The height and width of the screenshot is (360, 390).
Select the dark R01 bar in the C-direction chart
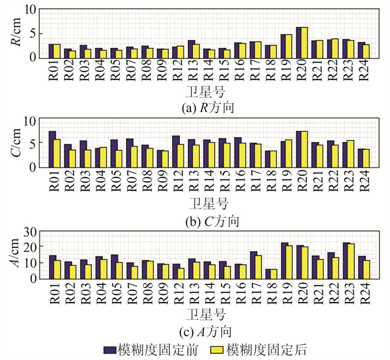[52, 149]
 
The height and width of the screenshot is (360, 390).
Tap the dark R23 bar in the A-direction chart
[347, 260]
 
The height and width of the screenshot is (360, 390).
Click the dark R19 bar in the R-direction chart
[284, 46]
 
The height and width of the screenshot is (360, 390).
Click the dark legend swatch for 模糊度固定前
[109, 349]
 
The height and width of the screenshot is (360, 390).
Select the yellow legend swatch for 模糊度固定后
[218, 349]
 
